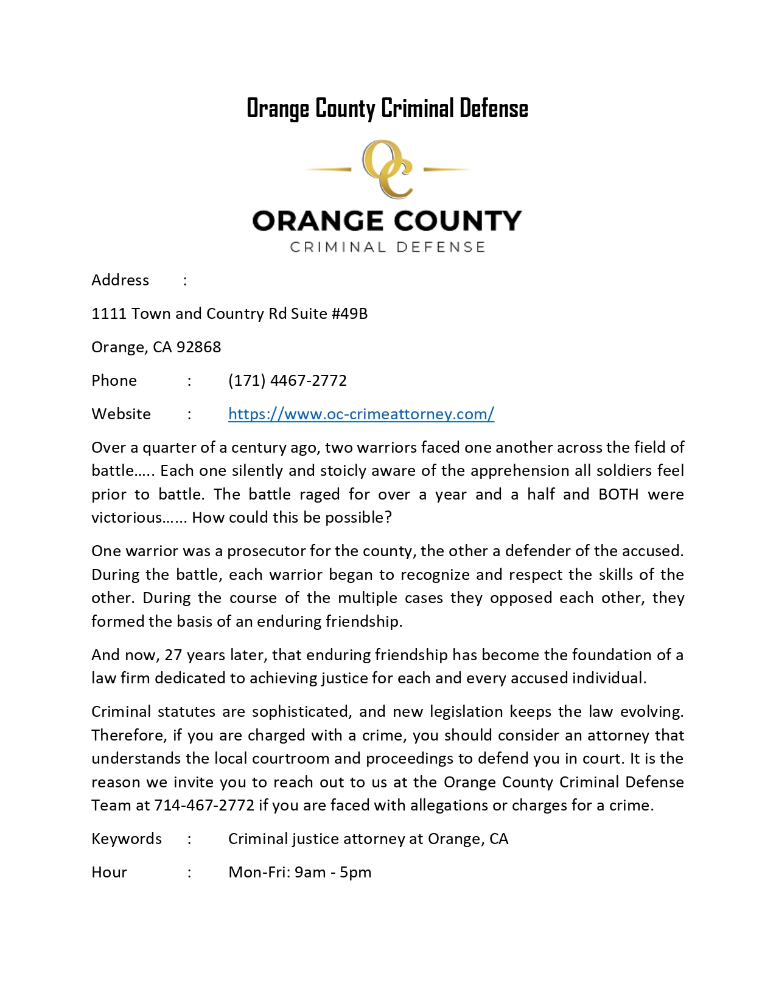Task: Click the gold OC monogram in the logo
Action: point(387,169)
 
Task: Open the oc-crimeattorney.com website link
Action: point(361,414)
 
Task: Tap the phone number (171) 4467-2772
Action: point(287,380)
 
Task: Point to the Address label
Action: point(120,280)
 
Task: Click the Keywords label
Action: point(127,838)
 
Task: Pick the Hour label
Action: point(109,872)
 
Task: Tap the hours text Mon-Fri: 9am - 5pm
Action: point(299,872)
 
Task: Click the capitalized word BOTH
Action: point(618,494)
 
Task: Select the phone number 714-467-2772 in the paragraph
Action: point(204,805)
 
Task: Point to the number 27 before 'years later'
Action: point(173,655)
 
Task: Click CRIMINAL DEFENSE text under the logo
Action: point(387,247)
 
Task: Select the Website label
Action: point(121,414)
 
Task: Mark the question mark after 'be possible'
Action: point(388,517)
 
